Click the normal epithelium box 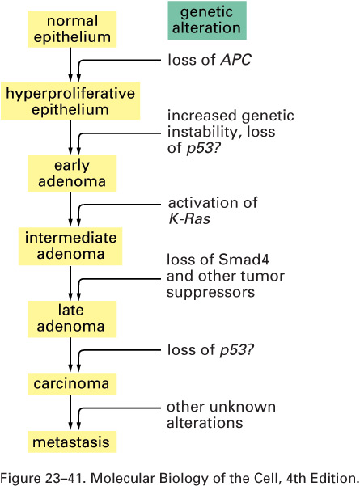coord(72,29)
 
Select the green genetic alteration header coord(207,20)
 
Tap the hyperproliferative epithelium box coord(70,101)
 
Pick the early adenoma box coord(72,174)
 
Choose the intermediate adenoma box coord(70,246)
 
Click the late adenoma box coord(72,319)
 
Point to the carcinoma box coord(72,384)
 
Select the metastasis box coord(72,442)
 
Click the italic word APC coord(235,60)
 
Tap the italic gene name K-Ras coord(189,218)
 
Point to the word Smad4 coord(244,260)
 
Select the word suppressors coord(210,293)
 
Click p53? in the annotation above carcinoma coord(237,350)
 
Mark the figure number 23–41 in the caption coord(66,478)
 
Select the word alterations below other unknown coord(205,423)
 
